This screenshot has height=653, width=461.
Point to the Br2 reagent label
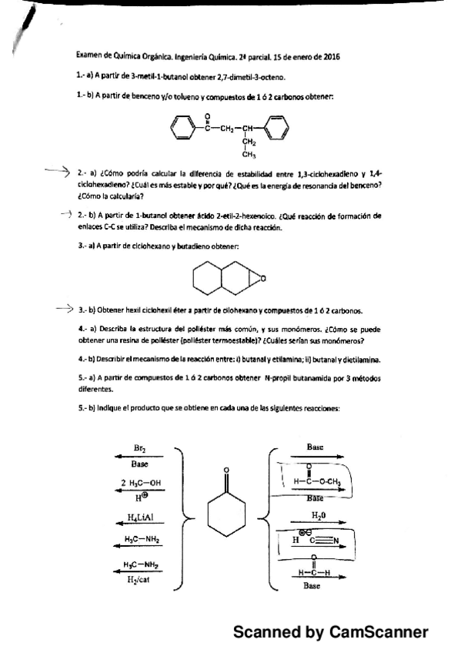coord(140,448)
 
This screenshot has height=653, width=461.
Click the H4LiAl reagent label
coord(140,519)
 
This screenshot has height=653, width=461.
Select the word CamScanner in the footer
coord(378,632)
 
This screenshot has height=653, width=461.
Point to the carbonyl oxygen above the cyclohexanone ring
coord(226,470)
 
